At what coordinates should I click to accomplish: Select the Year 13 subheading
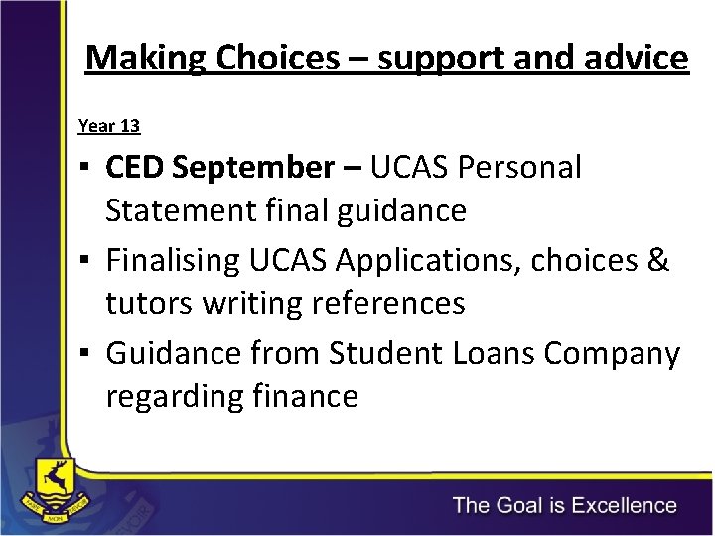(x=109, y=126)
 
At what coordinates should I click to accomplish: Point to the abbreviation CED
(x=135, y=168)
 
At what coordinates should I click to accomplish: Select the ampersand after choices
(x=657, y=261)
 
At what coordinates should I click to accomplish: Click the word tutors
(x=149, y=303)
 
